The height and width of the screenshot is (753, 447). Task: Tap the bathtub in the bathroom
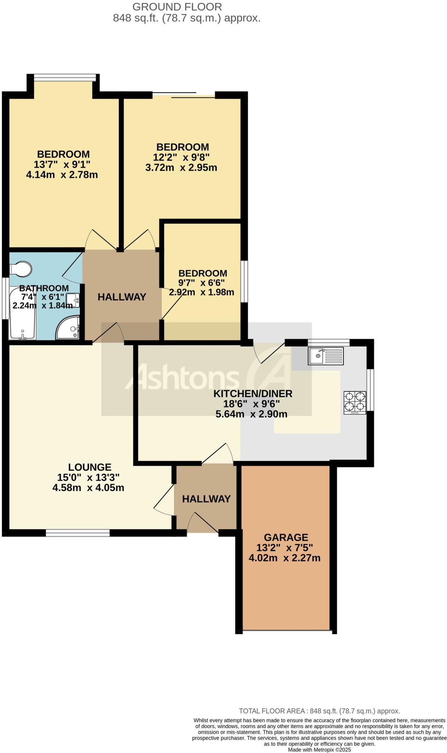pos(22,313)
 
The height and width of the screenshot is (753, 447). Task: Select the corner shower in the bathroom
pos(68,328)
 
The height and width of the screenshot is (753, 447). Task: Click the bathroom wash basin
pos(73,300)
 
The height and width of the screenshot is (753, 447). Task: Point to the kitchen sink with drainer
pos(326,356)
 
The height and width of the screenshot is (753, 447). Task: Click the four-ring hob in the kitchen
pos(355,402)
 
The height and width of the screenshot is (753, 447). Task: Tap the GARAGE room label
pos(285,537)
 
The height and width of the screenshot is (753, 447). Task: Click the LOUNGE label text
pos(90,467)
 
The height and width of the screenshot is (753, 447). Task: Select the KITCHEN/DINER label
pos(253,393)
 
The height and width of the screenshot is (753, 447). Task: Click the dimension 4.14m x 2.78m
pos(62,175)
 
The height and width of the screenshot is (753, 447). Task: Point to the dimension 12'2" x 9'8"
pos(181,157)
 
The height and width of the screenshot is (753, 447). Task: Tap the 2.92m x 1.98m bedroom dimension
pos(201,292)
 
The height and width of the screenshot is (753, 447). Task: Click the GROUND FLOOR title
pos(177,7)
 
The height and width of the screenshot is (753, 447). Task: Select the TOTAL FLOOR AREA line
pos(319,711)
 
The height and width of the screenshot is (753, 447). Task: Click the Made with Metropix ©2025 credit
pos(319,749)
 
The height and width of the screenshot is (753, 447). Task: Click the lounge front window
pos(78,533)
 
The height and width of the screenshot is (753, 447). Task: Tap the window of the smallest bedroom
pos(244,281)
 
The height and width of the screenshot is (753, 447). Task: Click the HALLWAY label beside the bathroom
pos(122,297)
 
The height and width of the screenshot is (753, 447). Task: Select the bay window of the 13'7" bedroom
pos(65,78)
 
